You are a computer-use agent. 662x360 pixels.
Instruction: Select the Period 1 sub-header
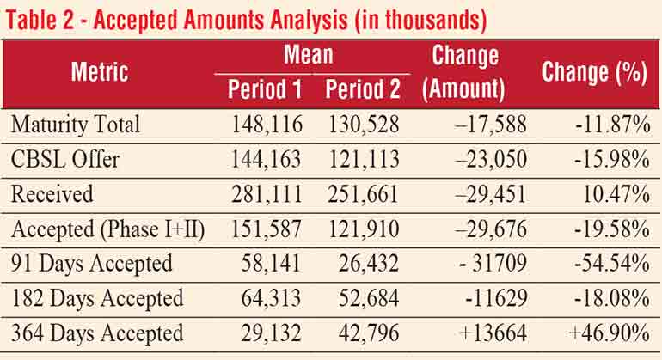[x=263, y=88]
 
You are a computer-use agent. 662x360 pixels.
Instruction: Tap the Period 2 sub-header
[x=361, y=88]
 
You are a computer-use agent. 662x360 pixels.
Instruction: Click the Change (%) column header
[x=594, y=73]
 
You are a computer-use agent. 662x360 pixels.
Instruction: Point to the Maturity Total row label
[x=76, y=125]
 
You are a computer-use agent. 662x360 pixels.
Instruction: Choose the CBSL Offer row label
[x=66, y=159]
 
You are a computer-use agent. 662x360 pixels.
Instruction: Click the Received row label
[x=52, y=194]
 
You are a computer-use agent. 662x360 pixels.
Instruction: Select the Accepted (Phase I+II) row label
[x=107, y=229]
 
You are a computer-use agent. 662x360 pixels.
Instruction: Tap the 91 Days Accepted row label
[x=92, y=264]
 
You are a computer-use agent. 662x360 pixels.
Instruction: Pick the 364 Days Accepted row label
[x=97, y=333]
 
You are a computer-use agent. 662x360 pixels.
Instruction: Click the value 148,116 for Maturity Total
[x=267, y=125]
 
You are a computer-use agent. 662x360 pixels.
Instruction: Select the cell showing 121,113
[x=364, y=159]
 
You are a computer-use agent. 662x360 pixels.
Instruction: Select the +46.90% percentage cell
[x=609, y=333]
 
